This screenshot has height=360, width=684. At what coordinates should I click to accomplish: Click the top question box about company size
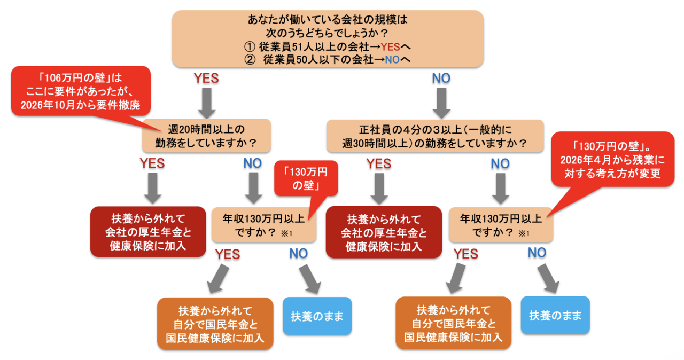(328, 39)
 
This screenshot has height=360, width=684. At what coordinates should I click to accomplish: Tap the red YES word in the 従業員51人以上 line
(390, 46)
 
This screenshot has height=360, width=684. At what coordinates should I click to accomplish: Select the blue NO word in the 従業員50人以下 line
(392, 59)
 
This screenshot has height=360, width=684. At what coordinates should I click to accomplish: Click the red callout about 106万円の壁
(81, 91)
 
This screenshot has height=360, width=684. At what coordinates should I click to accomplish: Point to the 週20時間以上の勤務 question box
(206, 136)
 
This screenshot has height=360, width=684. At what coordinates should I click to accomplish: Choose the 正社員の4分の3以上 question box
(435, 136)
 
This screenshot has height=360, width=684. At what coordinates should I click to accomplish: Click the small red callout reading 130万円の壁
(306, 178)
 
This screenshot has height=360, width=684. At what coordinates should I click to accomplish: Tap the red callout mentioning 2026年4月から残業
(612, 159)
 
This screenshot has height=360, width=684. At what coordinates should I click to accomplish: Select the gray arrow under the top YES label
(207, 103)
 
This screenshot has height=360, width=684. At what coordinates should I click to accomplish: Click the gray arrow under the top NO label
(441, 103)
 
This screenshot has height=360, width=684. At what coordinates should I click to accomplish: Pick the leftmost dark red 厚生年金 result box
(148, 232)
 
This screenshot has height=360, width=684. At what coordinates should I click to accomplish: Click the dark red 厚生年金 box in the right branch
(384, 232)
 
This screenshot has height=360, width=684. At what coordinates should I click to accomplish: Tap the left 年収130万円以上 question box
(264, 225)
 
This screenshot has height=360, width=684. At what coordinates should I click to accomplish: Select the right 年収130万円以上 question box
(501, 225)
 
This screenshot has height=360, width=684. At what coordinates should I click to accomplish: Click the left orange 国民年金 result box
(215, 324)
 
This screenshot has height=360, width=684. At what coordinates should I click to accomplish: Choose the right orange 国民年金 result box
(454, 323)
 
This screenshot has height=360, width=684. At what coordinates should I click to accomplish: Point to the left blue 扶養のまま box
(317, 316)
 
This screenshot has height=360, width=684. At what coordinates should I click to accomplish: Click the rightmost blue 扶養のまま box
(555, 315)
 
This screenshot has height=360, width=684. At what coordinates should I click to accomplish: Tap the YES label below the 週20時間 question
(152, 163)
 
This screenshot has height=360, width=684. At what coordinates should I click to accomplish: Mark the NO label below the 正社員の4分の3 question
(500, 164)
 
